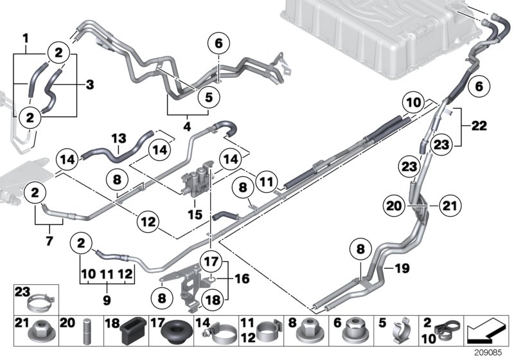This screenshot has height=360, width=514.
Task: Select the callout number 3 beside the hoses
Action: pyautogui.click(x=89, y=84)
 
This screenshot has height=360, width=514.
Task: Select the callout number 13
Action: pyautogui.click(x=117, y=138)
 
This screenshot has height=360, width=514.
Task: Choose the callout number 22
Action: pyautogui.click(x=479, y=127)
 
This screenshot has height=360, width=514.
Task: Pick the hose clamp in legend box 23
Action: pyautogui.click(x=42, y=300)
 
